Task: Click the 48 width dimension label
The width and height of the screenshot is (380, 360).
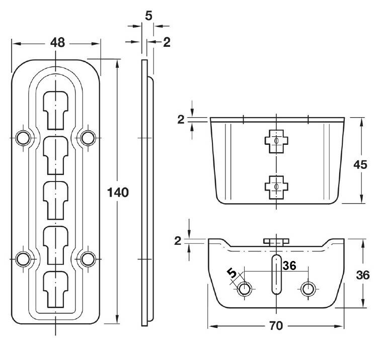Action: pos(57,43)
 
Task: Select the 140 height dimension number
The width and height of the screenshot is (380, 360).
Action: pos(118,193)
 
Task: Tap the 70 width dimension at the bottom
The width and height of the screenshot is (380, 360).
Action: pos(276,326)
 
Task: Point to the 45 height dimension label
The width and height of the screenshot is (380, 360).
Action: pos(360,165)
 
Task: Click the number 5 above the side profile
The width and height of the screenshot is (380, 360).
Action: pos(148,16)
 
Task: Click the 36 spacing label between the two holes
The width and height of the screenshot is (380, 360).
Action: pos(289,265)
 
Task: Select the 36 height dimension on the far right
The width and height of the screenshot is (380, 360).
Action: pos(363,275)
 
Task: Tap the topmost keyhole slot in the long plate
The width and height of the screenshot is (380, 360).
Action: pos(56,111)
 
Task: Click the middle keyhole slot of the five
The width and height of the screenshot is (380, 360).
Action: pos(56,201)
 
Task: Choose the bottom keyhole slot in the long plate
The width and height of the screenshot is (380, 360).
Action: pos(56,290)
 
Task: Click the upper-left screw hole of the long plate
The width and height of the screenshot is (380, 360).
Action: pos(23,138)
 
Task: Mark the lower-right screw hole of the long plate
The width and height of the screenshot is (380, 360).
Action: pos(88,259)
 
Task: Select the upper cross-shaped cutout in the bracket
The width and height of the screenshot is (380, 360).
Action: pos(276,141)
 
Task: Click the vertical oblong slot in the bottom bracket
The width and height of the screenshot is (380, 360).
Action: pos(276,275)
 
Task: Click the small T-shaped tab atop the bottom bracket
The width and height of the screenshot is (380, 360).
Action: pos(276,242)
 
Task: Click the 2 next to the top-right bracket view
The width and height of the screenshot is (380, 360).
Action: pos(181,120)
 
